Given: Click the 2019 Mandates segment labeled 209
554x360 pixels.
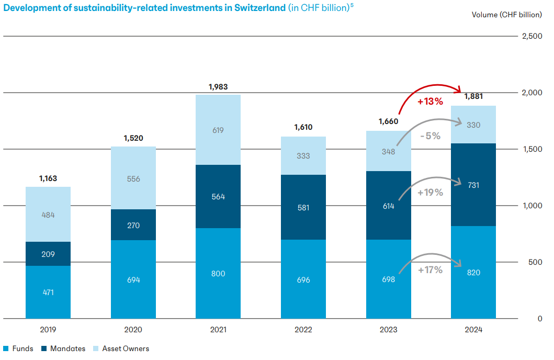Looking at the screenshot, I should pyautogui.click(x=48, y=254).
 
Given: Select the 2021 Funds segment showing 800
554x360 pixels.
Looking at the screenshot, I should pyautogui.click(x=218, y=273).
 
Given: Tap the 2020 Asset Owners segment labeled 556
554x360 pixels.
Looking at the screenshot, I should pyautogui.click(x=133, y=178).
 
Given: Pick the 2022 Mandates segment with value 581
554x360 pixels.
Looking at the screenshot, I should pyautogui.click(x=303, y=207).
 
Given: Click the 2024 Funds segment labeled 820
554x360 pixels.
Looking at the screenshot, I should pyautogui.click(x=473, y=272).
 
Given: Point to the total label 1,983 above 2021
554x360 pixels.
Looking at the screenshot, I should pyautogui.click(x=218, y=87).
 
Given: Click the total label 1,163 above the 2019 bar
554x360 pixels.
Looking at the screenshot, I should pyautogui.click(x=48, y=178).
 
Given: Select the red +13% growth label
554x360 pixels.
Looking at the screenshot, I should pyautogui.click(x=430, y=102).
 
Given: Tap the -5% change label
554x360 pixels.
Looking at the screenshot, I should pyautogui.click(x=430, y=136).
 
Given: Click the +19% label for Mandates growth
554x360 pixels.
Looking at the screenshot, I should pyautogui.click(x=431, y=192).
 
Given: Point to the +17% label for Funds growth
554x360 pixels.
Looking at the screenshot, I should pyautogui.click(x=431, y=270).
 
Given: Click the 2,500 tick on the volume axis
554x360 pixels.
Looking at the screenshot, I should pyautogui.click(x=531, y=36).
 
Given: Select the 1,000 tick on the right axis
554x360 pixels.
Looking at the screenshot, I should pyautogui.click(x=531, y=206).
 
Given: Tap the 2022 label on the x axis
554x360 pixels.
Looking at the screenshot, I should pyautogui.click(x=303, y=330).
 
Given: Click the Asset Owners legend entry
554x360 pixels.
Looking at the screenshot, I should pyautogui.click(x=125, y=348).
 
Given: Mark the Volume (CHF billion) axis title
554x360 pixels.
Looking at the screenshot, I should pyautogui.click(x=506, y=15).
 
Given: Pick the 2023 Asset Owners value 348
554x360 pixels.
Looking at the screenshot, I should pyautogui.click(x=388, y=152).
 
